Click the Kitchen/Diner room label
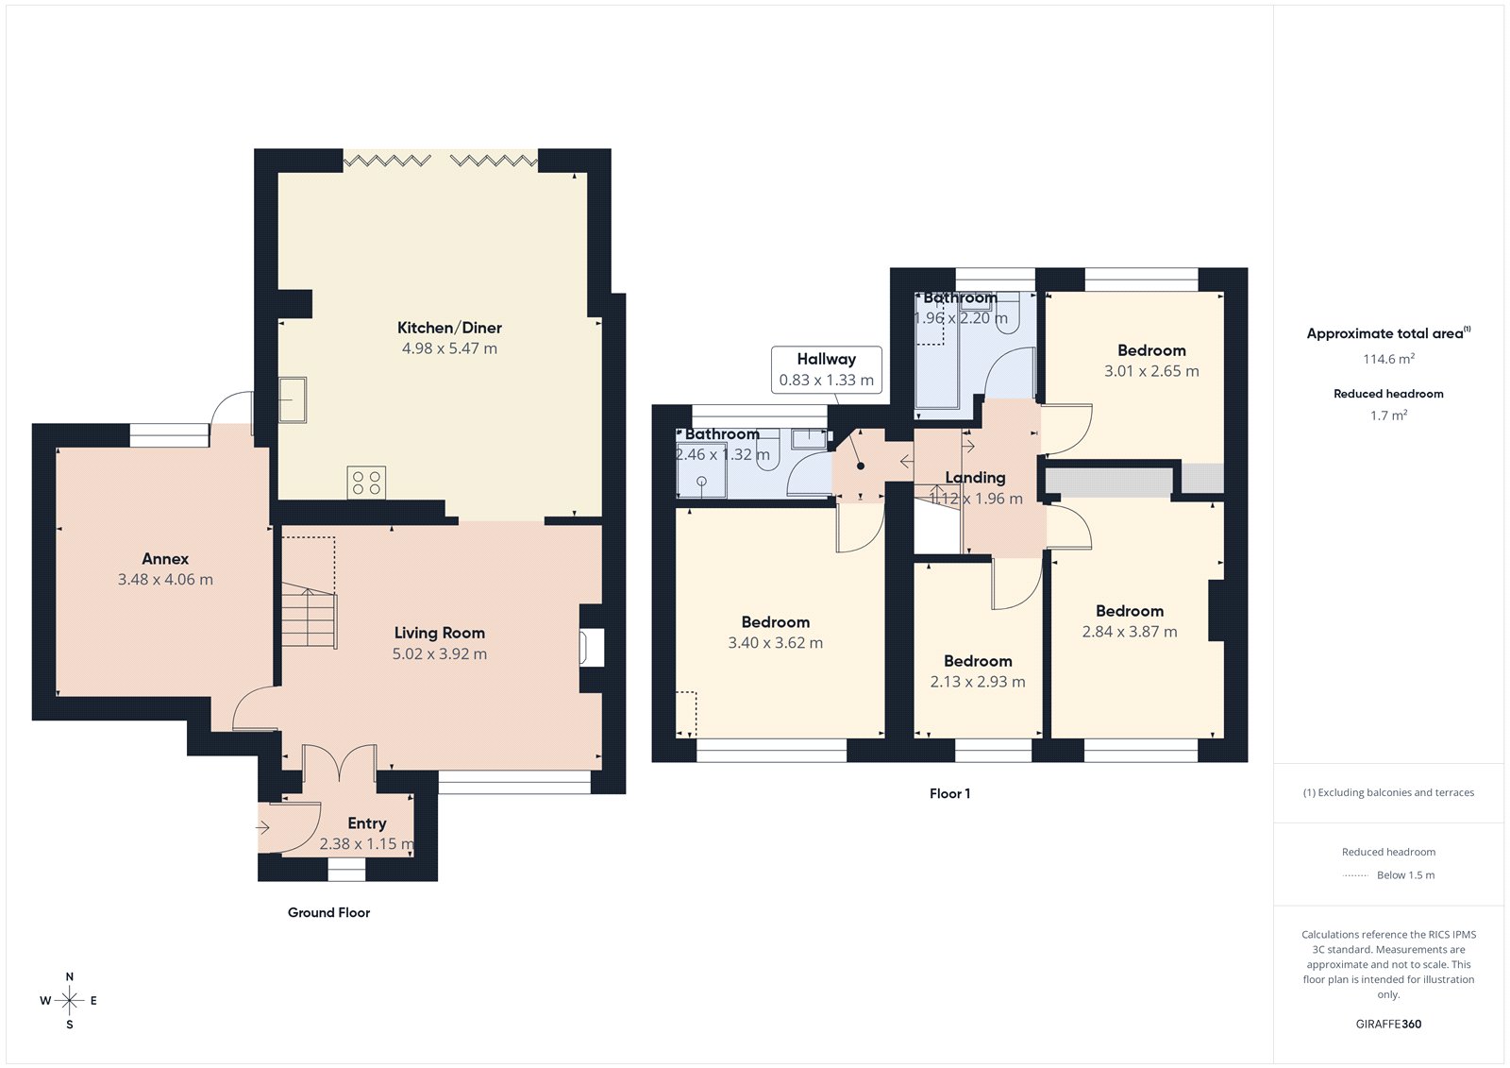point(449,328)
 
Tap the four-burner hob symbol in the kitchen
point(366,483)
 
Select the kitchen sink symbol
point(293,399)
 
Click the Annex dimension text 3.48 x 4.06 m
point(165,580)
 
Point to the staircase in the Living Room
point(309,614)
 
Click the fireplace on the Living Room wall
point(592,648)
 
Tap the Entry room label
point(367,823)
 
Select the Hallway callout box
point(827,369)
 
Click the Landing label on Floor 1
point(975,478)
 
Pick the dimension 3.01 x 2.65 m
point(1151,371)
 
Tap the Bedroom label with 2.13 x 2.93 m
point(978,661)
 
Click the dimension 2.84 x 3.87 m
point(1130,632)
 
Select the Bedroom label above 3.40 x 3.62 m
point(776,622)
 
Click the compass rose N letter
point(70,977)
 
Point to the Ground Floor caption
point(328,912)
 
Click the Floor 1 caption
point(949,793)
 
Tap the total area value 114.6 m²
point(1388,359)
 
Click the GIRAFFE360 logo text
point(1388,1024)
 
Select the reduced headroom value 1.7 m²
point(1388,415)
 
